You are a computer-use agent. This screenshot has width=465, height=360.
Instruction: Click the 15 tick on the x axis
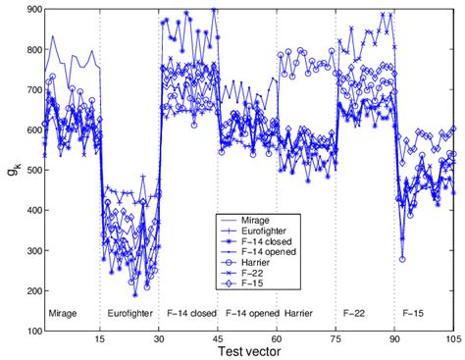pyautogui.click(x=100, y=340)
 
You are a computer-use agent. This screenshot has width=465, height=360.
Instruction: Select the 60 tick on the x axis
pyautogui.click(x=277, y=340)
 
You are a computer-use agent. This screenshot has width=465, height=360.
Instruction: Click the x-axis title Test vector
pyautogui.click(x=249, y=352)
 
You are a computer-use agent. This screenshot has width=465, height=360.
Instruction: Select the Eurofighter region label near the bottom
pyautogui.click(x=129, y=314)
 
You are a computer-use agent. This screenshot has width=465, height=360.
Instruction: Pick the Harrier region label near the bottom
pyautogui.click(x=298, y=314)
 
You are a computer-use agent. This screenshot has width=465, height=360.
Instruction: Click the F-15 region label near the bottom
pyautogui.click(x=414, y=314)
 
